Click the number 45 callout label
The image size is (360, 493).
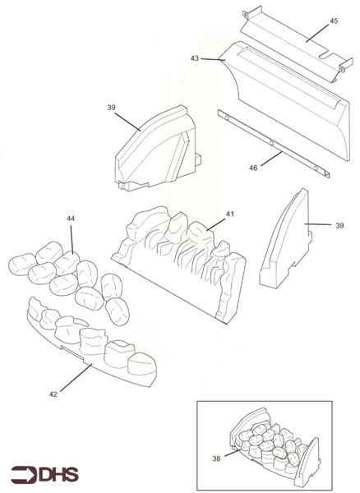pos(334,21)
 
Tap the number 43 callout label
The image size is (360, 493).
pos(195,58)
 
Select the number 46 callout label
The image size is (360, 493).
pos(253,168)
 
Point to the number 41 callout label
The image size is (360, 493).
pos(230,214)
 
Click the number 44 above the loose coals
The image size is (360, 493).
pos(71,219)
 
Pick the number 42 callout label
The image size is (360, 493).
pos(53,394)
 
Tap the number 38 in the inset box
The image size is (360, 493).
pos(216,458)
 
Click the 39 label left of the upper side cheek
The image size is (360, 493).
pos(111,108)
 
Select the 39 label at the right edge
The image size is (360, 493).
pos(339,225)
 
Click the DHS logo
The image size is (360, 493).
pos(44,474)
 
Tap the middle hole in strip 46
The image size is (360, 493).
pos(272,143)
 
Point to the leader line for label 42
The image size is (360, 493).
pos(76,378)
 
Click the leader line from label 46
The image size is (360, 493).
pos(271,159)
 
